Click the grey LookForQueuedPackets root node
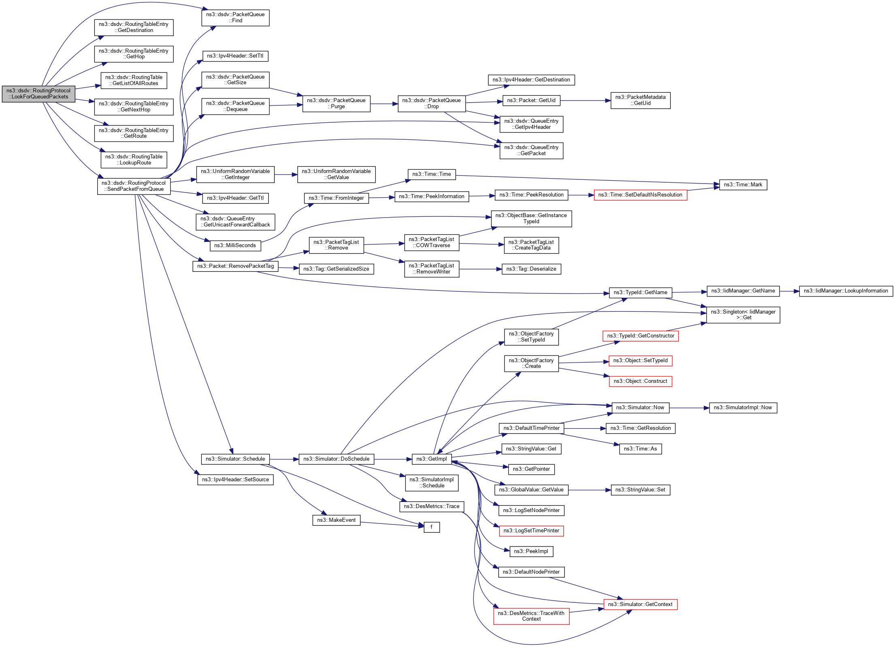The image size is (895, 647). click(x=38, y=94)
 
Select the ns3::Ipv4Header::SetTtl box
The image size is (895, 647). click(x=235, y=56)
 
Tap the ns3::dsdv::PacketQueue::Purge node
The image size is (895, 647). click(x=336, y=104)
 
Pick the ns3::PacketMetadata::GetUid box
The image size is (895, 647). click(x=640, y=100)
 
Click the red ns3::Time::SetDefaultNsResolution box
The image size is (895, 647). click(x=640, y=195)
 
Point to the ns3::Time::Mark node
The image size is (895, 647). click(x=743, y=185)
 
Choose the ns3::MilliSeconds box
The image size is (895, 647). click(x=235, y=246)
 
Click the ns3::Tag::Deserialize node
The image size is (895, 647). click(x=531, y=269)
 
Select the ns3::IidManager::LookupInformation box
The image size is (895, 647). click(x=846, y=291)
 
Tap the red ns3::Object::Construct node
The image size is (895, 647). click(x=640, y=381)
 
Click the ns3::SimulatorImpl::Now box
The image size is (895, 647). click(x=743, y=408)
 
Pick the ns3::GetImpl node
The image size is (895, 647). click(x=431, y=459)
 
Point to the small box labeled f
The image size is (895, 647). click(x=431, y=527)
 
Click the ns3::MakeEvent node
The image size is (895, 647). click(x=336, y=520)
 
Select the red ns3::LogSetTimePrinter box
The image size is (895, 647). click(x=531, y=531)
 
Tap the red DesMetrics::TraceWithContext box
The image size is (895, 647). click(x=531, y=616)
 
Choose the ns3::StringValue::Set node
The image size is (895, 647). click(x=640, y=490)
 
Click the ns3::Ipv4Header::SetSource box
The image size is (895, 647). click(x=235, y=480)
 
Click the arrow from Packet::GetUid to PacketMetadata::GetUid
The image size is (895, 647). click(x=585, y=100)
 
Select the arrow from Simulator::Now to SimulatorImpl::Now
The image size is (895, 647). click(x=689, y=408)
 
